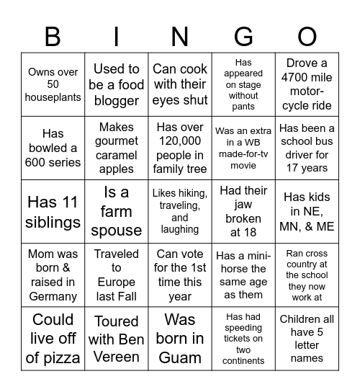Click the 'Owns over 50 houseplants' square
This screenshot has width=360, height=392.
(x=53, y=84)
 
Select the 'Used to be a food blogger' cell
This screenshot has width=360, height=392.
(x=117, y=84)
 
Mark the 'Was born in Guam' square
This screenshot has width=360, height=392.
(x=180, y=338)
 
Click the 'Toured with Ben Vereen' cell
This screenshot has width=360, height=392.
(x=117, y=338)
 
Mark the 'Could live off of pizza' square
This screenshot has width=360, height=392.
(x=53, y=338)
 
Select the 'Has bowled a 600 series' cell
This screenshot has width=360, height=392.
(x=53, y=148)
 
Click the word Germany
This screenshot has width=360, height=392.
(x=53, y=296)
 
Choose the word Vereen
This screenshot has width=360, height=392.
(x=117, y=357)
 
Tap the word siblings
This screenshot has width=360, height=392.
(x=53, y=222)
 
